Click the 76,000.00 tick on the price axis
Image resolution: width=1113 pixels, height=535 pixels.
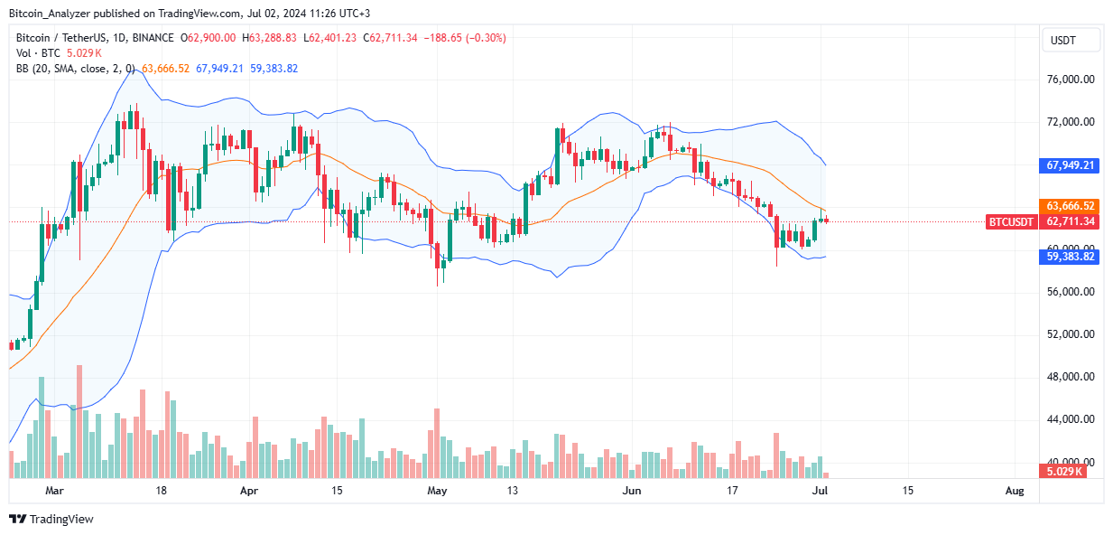tap(1071, 80)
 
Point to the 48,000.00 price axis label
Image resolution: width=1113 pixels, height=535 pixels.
tap(1071, 377)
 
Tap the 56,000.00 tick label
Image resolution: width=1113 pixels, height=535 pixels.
tap(1071, 292)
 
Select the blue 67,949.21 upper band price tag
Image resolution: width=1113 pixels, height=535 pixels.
tap(1071, 165)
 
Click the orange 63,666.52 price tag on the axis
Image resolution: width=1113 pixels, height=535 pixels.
tap(1071, 205)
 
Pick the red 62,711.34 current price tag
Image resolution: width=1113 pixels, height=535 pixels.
tap(1071, 221)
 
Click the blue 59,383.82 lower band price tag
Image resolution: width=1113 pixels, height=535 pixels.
tap(1071, 257)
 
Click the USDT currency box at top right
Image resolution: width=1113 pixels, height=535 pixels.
tap(1071, 40)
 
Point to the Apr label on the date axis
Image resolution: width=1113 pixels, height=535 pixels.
tap(250, 491)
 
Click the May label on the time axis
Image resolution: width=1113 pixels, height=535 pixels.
tap(437, 491)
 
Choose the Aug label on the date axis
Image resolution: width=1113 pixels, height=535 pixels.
tap(1014, 491)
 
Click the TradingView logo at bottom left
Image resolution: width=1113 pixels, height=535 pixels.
tap(51, 520)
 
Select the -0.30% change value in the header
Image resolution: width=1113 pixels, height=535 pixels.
tap(487, 38)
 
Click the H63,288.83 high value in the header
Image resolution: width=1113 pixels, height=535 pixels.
tap(273, 38)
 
